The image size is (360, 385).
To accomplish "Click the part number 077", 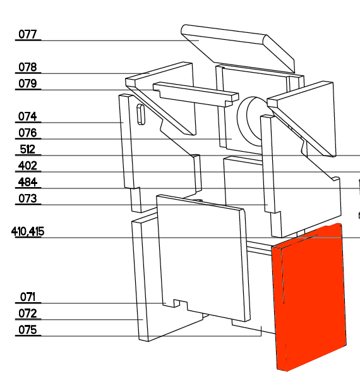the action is (28, 34).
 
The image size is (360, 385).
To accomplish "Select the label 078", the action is (28, 67).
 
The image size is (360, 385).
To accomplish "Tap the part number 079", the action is (28, 83).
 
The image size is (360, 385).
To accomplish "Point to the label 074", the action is (28, 116).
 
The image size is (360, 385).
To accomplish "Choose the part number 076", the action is (28, 133).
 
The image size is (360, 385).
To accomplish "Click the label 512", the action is (28, 150).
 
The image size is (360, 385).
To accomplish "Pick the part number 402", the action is (28, 166).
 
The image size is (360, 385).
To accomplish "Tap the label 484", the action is (28, 183).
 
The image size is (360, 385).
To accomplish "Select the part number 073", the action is (28, 199).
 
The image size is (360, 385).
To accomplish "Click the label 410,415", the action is (28, 231).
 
